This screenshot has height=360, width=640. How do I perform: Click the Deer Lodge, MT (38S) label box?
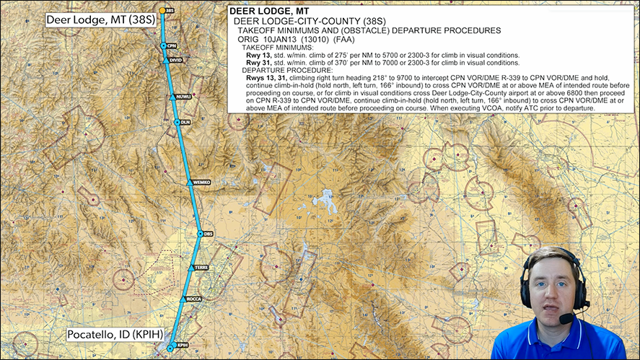(91, 20)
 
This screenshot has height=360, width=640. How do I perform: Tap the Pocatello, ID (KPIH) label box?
(114, 335)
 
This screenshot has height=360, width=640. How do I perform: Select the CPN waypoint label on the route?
(172, 45)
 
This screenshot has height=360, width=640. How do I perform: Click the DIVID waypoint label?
(175, 61)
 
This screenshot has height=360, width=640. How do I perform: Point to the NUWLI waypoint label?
(184, 97)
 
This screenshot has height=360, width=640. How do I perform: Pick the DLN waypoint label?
(185, 123)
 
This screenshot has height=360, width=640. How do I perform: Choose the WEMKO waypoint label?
(201, 183)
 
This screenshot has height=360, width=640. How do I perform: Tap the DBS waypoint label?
(209, 234)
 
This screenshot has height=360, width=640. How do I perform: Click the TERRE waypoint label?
(201, 268)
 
